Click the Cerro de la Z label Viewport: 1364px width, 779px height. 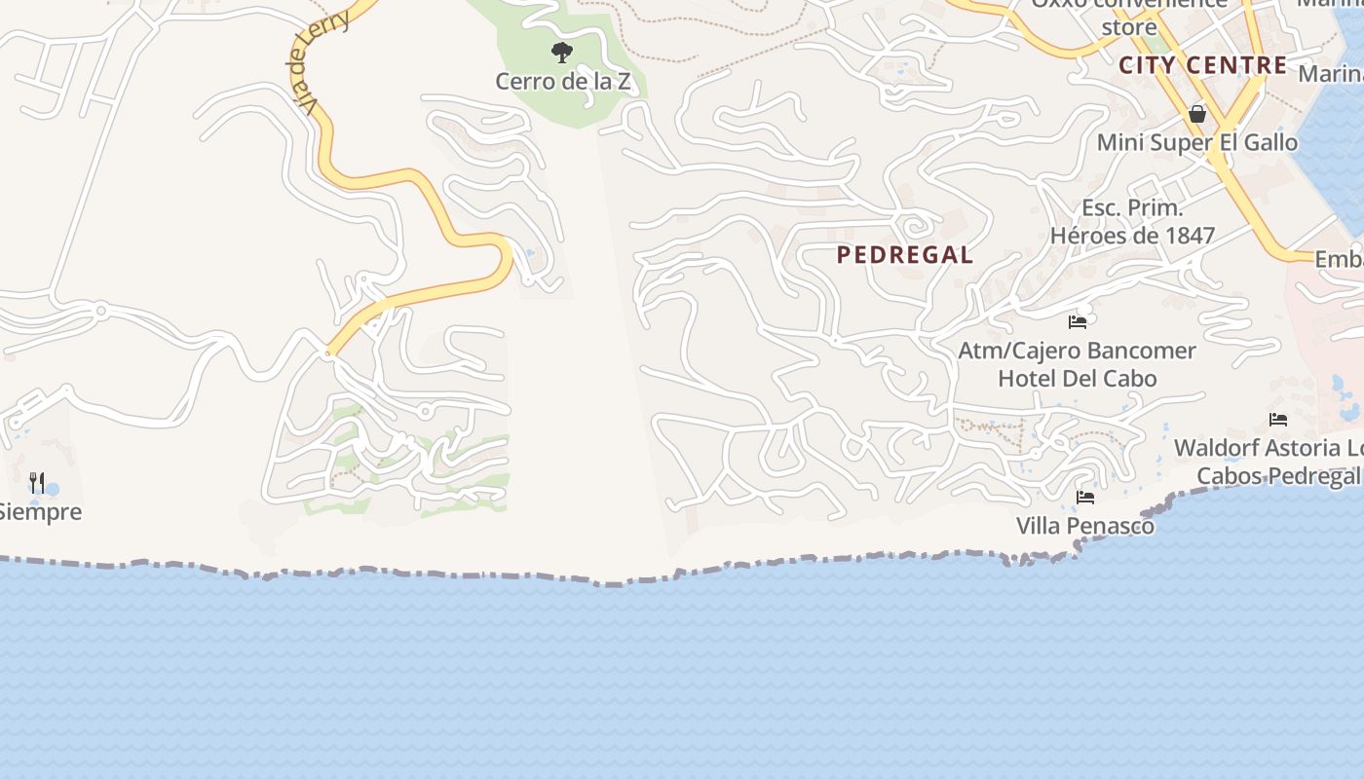click(x=562, y=82)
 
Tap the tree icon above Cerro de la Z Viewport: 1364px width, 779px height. click(x=561, y=53)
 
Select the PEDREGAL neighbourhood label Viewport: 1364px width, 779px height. click(x=904, y=255)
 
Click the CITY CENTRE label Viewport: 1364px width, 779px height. click(x=1203, y=66)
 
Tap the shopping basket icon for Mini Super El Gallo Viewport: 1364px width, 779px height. click(x=1197, y=114)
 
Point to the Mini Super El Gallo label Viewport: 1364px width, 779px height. click(x=1197, y=143)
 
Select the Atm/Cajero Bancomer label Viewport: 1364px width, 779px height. click(x=1077, y=351)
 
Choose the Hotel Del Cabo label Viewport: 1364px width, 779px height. click(x=1077, y=379)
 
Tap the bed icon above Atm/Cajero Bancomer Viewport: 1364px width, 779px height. click(x=1078, y=321)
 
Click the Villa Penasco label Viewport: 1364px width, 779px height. click(x=1085, y=527)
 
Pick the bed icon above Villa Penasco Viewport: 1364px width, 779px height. click(x=1085, y=498)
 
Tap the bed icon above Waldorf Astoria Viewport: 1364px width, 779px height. click(x=1278, y=420)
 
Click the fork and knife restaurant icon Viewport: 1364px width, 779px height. click(x=37, y=482)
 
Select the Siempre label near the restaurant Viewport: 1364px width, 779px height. click(x=39, y=512)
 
